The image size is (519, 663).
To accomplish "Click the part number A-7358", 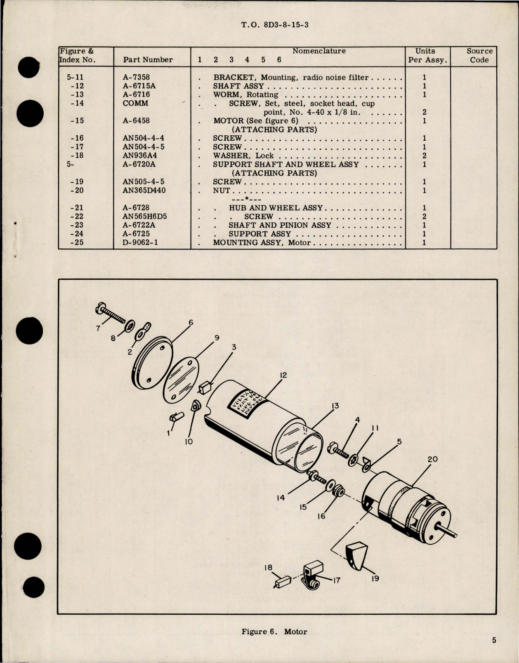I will click(136, 77).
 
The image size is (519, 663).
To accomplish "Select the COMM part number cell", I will click(135, 103).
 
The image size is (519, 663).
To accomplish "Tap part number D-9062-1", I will click(141, 243).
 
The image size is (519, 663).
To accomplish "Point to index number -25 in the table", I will click(77, 243).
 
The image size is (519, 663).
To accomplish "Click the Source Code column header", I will click(479, 55).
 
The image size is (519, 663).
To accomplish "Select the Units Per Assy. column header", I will click(427, 55).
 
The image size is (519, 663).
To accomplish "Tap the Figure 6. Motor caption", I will click(274, 632).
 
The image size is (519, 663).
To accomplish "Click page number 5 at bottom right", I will click(494, 640).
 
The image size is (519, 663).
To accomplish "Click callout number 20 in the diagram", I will click(432, 460).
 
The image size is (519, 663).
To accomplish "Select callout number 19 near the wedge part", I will click(375, 578).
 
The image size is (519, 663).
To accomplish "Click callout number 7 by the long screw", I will click(98, 328).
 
